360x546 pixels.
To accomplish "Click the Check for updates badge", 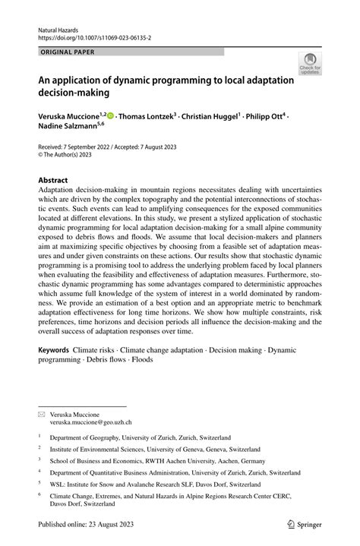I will click(x=309, y=65).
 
